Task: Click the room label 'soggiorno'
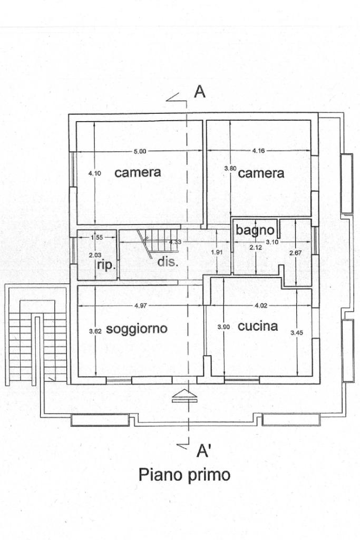tap(137, 329)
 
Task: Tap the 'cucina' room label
tap(258, 326)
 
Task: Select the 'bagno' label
tap(255, 230)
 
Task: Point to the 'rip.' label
tap(106, 266)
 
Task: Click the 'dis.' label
tap(168, 261)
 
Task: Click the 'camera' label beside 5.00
tap(138, 172)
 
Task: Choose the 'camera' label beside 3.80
tap(261, 173)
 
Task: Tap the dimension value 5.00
tap(139, 152)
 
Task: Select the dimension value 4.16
tap(258, 151)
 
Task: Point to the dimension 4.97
tap(140, 306)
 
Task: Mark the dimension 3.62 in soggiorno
tap(95, 331)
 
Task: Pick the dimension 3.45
tap(297, 333)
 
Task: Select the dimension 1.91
tap(216, 252)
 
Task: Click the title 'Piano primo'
tap(184, 475)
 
